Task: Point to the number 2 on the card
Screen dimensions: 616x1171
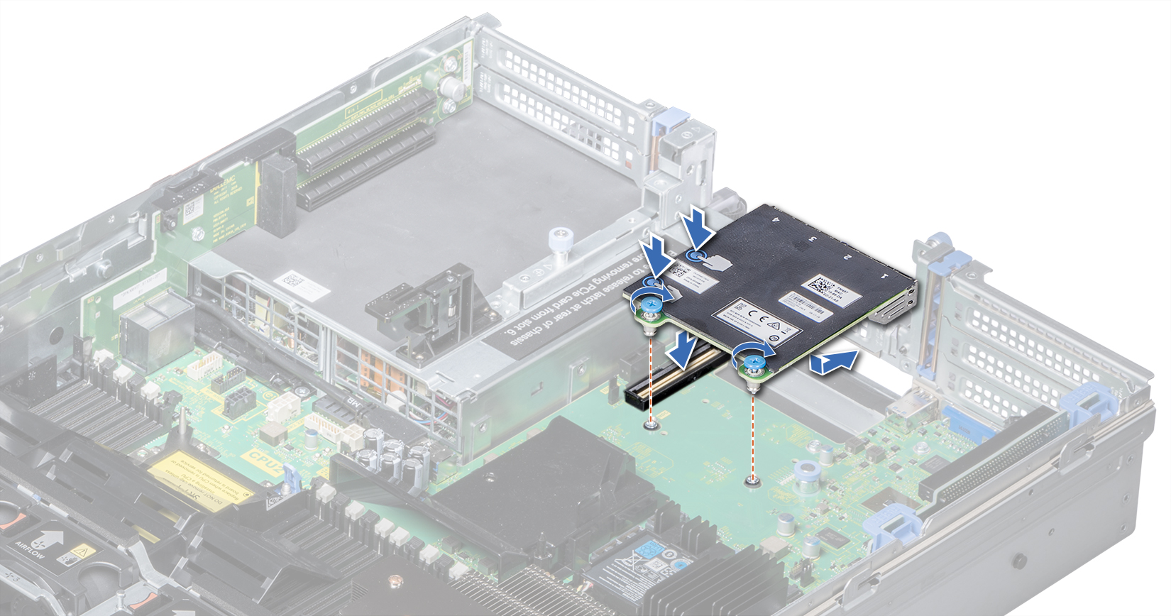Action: [847, 255]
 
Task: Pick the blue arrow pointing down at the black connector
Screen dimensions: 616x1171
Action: [683, 351]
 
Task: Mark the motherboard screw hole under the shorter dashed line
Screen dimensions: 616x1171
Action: [651, 425]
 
